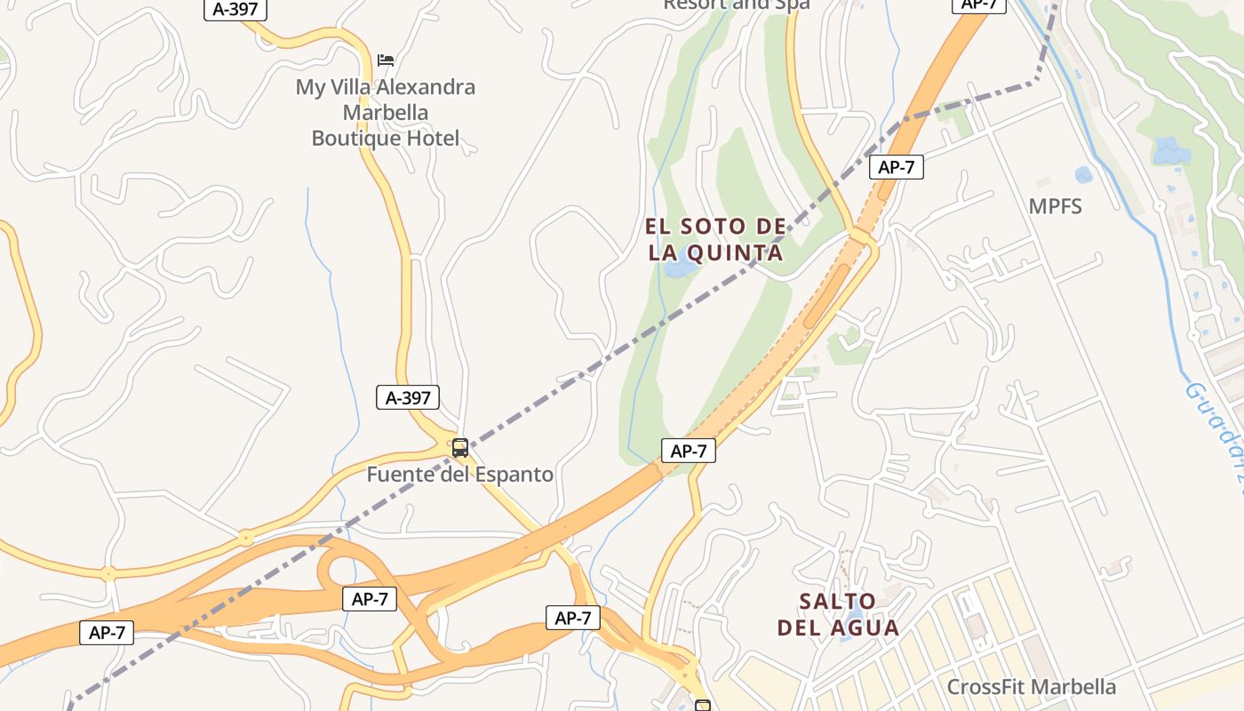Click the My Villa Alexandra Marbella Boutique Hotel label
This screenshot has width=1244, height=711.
(x=386, y=113)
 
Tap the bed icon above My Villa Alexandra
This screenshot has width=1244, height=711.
(x=386, y=60)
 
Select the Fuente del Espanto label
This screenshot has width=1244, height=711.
(x=472, y=475)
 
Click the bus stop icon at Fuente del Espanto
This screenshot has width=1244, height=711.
(x=459, y=448)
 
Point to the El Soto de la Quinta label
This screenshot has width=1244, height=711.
(x=715, y=240)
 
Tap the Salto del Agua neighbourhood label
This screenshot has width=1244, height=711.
(x=838, y=614)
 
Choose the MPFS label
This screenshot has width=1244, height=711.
(x=1055, y=207)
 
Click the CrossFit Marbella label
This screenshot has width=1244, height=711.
(x=1031, y=687)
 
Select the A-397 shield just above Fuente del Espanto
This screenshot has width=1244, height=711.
(x=408, y=397)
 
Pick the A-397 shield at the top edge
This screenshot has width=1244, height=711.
(x=235, y=10)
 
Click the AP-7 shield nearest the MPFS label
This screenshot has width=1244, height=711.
(x=896, y=167)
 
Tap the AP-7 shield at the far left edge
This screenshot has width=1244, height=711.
(x=107, y=633)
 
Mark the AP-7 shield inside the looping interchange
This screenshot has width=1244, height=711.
(x=370, y=599)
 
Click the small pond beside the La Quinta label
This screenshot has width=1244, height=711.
(x=681, y=268)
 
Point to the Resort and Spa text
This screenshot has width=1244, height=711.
(x=737, y=4)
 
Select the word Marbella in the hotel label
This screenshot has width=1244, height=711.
(x=386, y=113)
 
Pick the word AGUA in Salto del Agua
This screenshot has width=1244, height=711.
(x=866, y=627)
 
